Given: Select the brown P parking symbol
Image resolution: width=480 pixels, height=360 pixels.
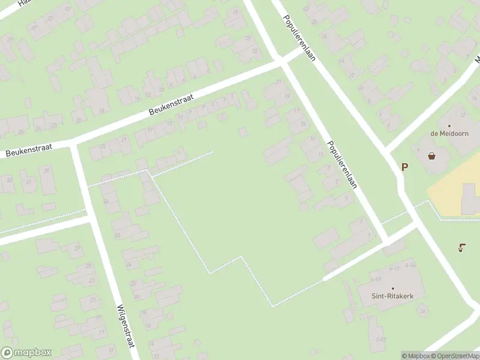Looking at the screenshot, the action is (404, 167).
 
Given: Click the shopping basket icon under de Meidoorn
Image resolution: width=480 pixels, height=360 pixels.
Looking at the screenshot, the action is (431, 156).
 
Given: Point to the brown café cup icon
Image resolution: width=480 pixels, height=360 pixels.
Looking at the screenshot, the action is (461, 247).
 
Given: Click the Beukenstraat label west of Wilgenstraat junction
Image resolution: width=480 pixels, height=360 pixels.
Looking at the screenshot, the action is (28, 149).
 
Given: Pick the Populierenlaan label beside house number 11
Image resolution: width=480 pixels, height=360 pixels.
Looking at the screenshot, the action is (342, 164).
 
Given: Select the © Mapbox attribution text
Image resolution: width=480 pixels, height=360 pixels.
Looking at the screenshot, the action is (415, 356).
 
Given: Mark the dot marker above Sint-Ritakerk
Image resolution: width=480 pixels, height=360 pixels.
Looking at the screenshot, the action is (392, 289).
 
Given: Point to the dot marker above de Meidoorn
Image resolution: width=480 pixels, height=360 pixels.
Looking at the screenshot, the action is (449, 126).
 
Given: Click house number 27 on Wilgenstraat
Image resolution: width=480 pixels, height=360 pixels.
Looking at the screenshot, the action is (76, 247).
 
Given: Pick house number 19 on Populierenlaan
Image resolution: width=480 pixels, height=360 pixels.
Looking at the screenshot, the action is (287, 96).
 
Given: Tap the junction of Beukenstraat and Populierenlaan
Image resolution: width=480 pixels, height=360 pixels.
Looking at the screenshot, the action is (281, 61).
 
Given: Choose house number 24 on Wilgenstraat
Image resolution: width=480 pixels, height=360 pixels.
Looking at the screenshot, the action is (106, 201).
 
